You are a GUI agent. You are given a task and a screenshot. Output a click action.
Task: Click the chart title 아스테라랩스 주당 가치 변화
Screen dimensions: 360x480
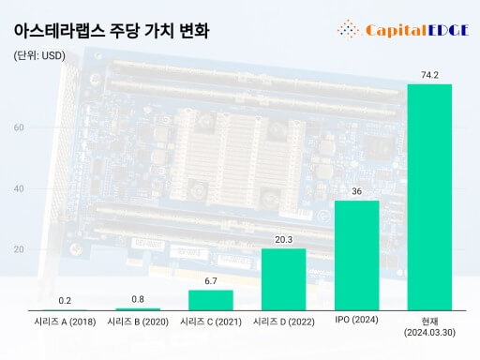pos(112,30)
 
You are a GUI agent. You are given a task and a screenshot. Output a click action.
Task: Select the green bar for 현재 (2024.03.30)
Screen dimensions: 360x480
pos(429,197)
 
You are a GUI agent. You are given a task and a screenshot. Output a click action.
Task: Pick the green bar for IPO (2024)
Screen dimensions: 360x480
pos(356,255)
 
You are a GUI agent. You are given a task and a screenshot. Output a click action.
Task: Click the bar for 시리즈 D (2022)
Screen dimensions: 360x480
pos(283,278)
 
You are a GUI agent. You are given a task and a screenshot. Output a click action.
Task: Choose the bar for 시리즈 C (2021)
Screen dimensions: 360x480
pos(210,300)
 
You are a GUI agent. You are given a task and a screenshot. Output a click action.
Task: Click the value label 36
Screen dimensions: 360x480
pos(356,190)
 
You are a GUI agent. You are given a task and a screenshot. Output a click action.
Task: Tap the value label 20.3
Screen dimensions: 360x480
pos(283,238)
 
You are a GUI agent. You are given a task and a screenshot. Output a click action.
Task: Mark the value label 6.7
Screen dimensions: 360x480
pos(210,280)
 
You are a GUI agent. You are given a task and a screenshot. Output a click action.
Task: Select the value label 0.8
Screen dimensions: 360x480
pos(137,298)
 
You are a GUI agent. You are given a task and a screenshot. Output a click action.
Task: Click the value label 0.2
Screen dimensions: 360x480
pos(65,300)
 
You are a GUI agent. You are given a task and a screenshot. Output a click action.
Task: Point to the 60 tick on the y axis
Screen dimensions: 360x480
pos(19,127)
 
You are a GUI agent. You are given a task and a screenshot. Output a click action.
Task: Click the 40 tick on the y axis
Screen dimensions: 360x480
pos(19,188)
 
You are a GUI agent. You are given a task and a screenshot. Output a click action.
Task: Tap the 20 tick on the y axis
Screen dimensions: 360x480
pos(19,249)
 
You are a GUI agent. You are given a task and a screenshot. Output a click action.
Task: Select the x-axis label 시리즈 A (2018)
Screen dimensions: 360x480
pos(65,322)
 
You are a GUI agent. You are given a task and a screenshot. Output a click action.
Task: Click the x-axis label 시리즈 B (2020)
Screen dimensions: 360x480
pos(137,322)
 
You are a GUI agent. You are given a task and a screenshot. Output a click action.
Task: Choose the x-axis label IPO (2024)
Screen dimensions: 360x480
pos(356,321)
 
